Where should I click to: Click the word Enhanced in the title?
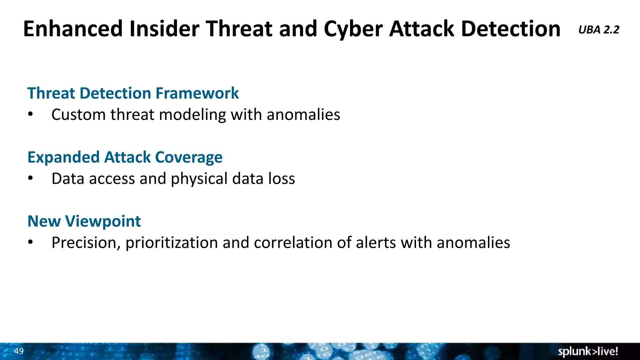tap(72, 29)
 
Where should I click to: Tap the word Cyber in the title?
tap(353, 29)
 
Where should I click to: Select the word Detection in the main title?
tap(511, 29)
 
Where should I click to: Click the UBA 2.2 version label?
tap(598, 30)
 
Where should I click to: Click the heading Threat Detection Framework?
tap(133, 93)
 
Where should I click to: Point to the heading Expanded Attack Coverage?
tap(125, 157)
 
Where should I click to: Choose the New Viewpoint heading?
tap(84, 221)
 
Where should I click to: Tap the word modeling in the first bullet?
tap(192, 115)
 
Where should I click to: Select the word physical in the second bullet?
tap(199, 179)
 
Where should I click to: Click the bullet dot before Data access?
tap(30, 178)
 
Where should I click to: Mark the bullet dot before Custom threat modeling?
tap(30, 114)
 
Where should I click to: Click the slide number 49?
tap(19, 351)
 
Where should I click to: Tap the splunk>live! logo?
tap(588, 352)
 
